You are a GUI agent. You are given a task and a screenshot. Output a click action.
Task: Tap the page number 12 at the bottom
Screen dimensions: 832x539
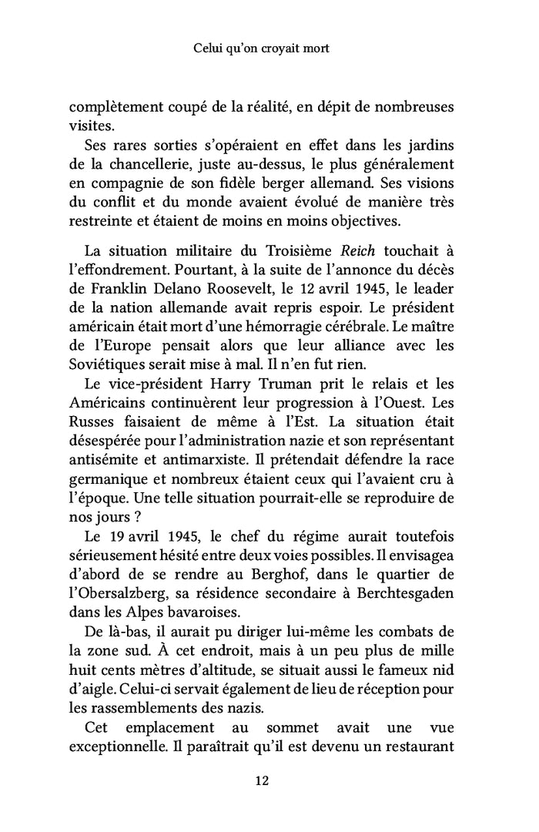[261, 781]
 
